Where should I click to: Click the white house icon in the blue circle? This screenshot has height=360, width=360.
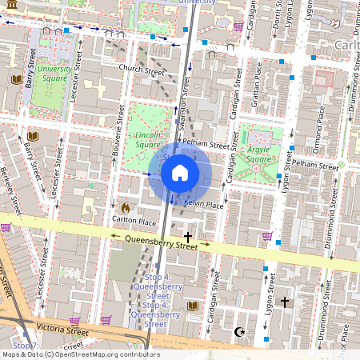[180, 172]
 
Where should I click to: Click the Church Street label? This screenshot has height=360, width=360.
[141, 70]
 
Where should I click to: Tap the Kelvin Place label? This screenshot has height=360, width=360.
[203, 205]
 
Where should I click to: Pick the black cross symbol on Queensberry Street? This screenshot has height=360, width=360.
[188, 237]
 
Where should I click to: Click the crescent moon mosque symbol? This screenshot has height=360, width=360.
[237, 331]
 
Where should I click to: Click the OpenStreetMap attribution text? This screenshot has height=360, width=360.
[80, 354]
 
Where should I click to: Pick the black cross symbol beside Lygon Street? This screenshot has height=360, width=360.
[284, 302]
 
